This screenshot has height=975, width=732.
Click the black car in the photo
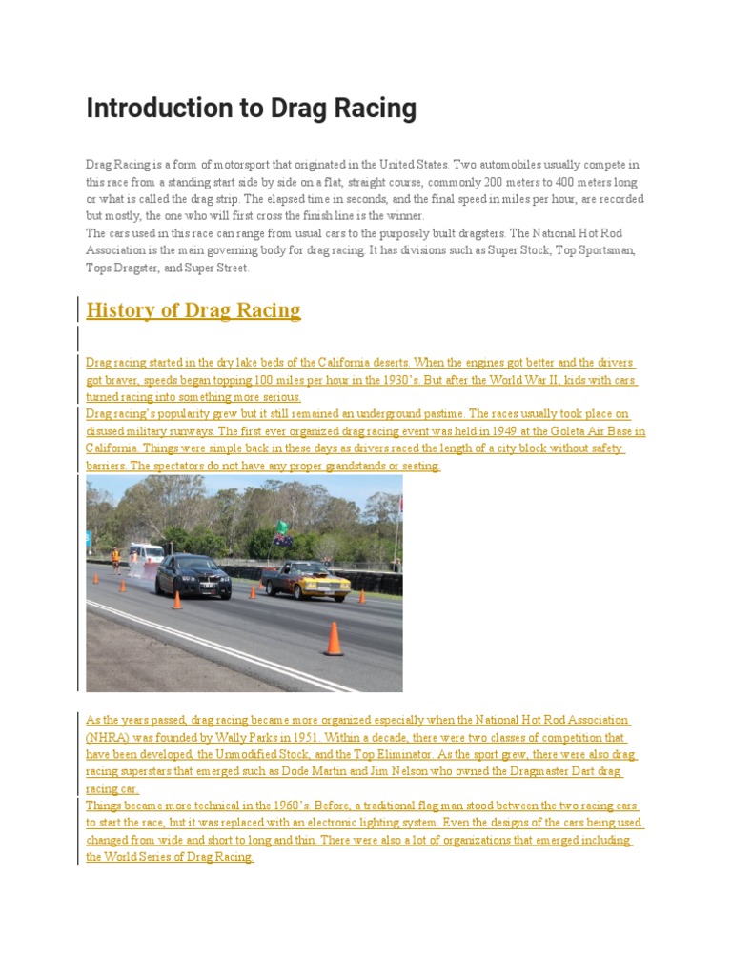[x=193, y=575]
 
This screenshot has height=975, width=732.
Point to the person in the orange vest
[x=116, y=558]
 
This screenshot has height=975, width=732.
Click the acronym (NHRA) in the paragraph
[x=111, y=738]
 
